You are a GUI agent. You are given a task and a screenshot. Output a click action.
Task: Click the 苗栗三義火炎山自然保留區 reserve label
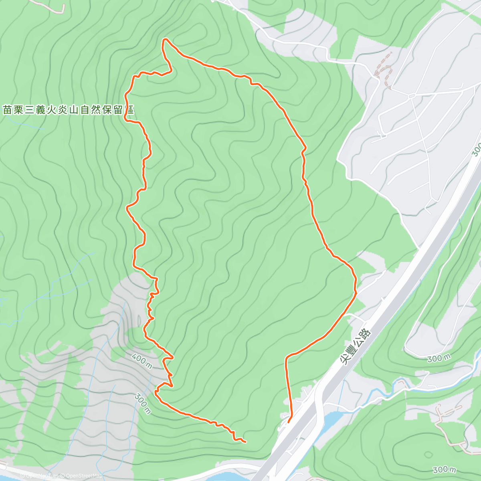tap(68, 110)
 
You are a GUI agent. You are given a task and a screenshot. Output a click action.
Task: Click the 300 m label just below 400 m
tap(143, 403)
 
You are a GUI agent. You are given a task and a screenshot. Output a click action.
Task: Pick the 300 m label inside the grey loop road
tap(439, 358)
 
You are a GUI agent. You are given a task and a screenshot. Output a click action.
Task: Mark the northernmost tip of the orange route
tap(165, 39)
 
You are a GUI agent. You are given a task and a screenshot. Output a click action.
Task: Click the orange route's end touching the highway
tap(289, 422)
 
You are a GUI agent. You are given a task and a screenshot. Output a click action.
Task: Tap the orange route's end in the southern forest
tap(245, 442)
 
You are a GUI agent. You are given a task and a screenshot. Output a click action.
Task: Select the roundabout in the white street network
tap(412, 96)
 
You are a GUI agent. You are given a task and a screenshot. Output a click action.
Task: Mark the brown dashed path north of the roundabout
tap(384, 70)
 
